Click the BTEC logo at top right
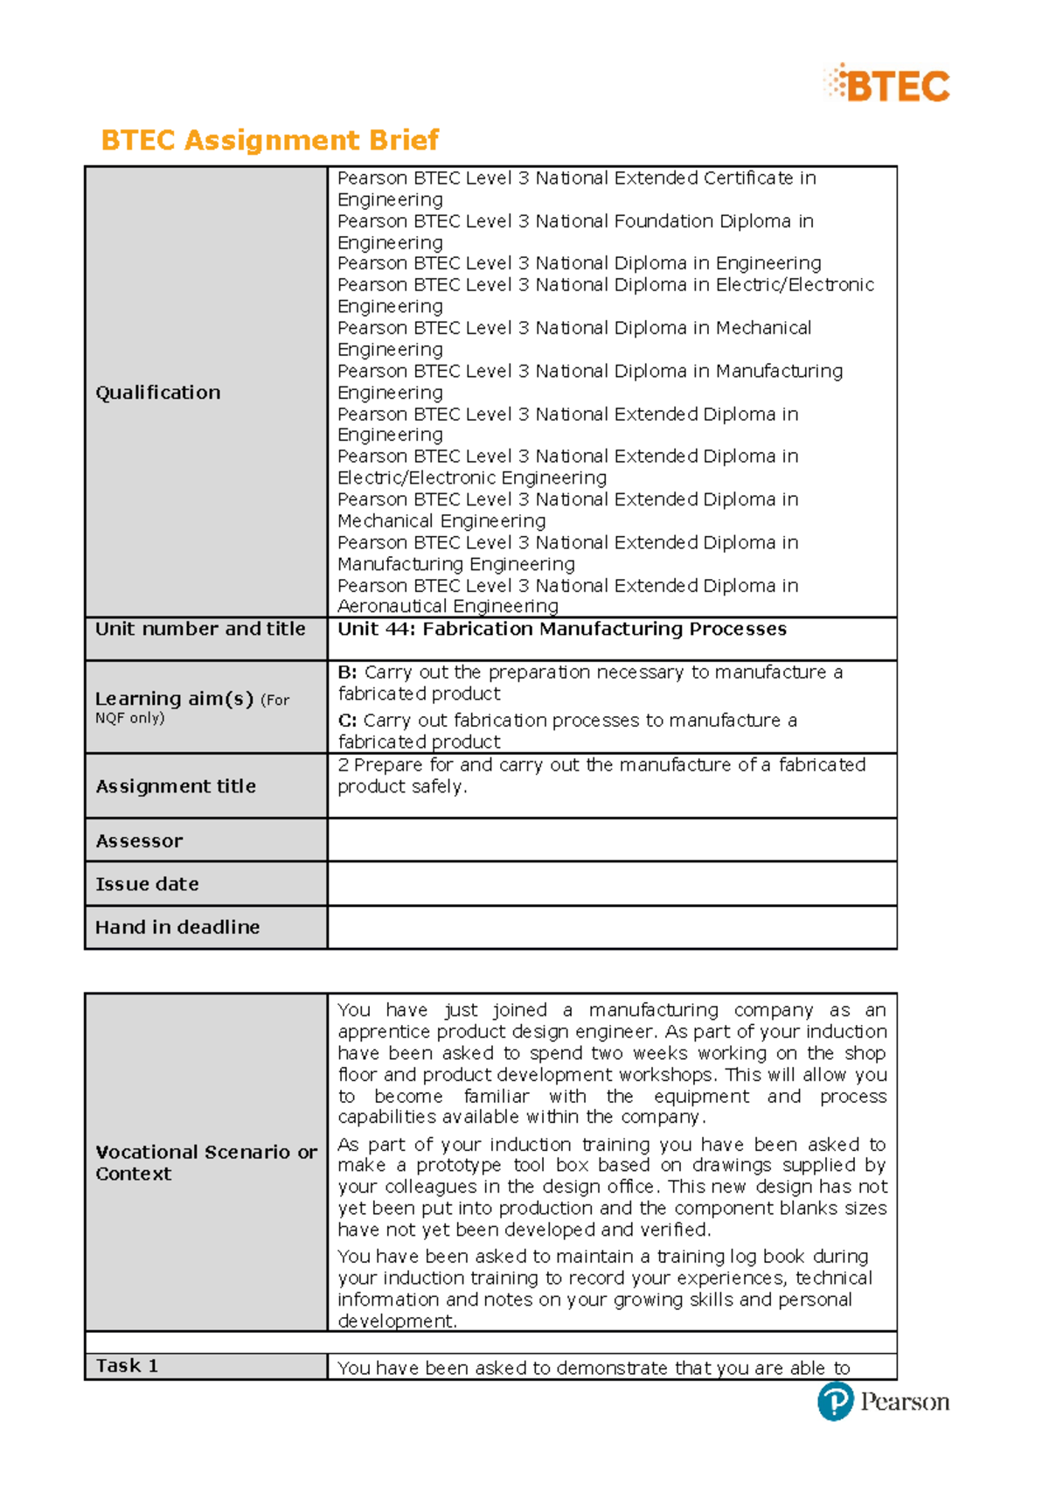pos(886,85)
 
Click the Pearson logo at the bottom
pos(883,1401)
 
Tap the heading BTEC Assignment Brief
pos(269,140)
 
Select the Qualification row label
pos(158,393)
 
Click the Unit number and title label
pos(200,629)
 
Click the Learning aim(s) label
pos(174,699)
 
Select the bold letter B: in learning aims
pos(347,673)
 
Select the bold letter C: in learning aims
pos(347,721)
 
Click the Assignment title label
pos(176,786)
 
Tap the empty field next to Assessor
pos(612,840)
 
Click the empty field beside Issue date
pos(612,883)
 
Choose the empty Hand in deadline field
pos(612,927)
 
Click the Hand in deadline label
pos(177,927)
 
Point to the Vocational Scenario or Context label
pos(205,1162)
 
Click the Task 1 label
pos(127,1366)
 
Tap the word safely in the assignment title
pos(438,786)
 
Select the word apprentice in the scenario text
pos(383,1032)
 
